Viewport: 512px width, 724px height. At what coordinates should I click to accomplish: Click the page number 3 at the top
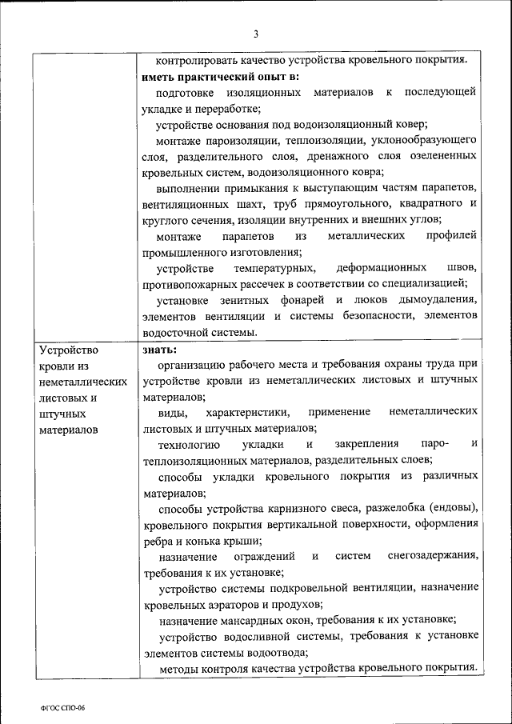click(256, 34)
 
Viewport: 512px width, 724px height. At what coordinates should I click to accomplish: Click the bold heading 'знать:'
click(160, 349)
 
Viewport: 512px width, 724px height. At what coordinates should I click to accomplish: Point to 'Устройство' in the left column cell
click(68, 350)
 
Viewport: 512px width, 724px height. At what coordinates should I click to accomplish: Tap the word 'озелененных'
click(445, 156)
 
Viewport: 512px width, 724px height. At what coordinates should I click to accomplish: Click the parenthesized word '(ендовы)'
click(454, 508)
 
